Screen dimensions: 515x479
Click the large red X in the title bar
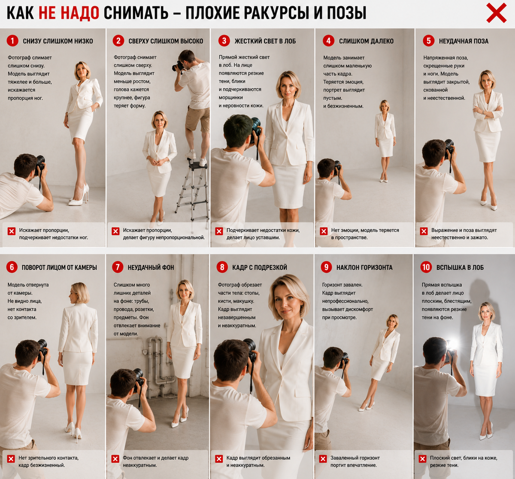pyautogui.click(x=496, y=13)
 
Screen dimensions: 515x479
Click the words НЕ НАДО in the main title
pyautogui.click(x=69, y=13)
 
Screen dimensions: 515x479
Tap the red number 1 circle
pyautogui.click(x=12, y=41)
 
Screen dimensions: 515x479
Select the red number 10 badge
pyautogui.click(x=426, y=267)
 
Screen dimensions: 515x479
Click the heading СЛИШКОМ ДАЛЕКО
pyautogui.click(x=366, y=41)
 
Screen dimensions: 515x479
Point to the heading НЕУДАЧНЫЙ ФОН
pyautogui.click(x=151, y=268)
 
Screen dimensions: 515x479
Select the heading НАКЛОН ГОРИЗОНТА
pyautogui.click(x=364, y=268)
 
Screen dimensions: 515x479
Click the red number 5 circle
pyautogui.click(x=428, y=41)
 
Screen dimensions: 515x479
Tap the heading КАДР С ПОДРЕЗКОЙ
pyautogui.click(x=260, y=268)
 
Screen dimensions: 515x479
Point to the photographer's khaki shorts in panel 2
pyautogui.click(x=197, y=119)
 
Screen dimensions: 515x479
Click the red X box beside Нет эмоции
pyautogui.click(x=324, y=231)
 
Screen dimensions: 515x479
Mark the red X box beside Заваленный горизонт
pyautogui.click(x=323, y=459)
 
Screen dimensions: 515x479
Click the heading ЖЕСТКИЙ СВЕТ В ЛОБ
pyautogui.click(x=265, y=41)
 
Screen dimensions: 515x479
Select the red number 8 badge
pyautogui.click(x=222, y=267)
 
